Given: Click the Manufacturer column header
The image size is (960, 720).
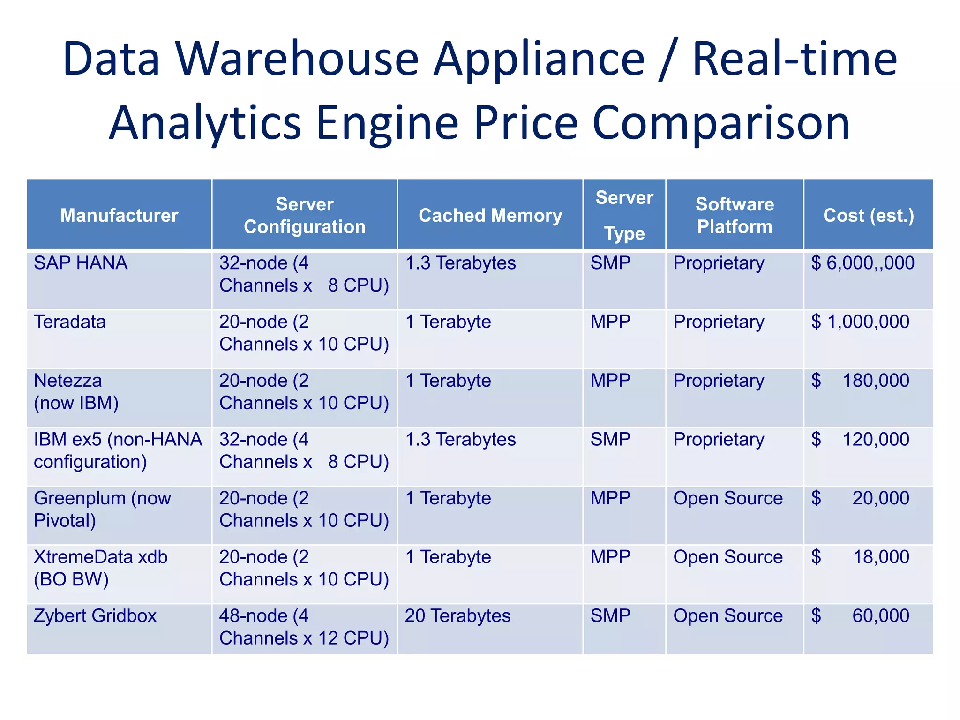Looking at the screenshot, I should click(119, 216).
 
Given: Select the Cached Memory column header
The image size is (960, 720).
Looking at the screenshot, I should click(490, 216).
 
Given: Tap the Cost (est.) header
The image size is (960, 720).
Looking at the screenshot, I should click(868, 216).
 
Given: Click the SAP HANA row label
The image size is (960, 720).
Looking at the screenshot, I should click(81, 263).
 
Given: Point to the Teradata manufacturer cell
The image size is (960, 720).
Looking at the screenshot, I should click(70, 322).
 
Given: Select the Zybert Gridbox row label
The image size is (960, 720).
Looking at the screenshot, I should click(95, 616).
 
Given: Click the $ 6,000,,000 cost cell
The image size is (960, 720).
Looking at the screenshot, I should click(862, 263).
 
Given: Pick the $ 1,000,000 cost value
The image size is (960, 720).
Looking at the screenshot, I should click(860, 322).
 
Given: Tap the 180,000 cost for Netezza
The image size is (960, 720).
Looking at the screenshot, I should click(876, 381).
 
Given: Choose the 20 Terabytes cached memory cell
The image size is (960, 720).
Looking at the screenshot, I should click(457, 616).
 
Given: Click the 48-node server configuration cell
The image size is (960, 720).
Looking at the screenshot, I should click(304, 627).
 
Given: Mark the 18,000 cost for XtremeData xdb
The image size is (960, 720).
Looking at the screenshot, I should click(881, 557).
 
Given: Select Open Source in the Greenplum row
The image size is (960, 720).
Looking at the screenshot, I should click(728, 498).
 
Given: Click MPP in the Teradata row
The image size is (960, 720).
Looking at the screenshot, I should click(610, 322).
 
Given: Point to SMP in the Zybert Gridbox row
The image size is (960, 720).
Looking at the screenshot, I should click(610, 616).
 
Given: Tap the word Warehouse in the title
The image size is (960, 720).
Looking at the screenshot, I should click(297, 59).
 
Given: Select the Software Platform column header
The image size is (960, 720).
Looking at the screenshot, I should click(735, 216).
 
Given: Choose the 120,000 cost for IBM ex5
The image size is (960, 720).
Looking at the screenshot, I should click(876, 440).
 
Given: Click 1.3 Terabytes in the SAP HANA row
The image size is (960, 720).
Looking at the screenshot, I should click(460, 263).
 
